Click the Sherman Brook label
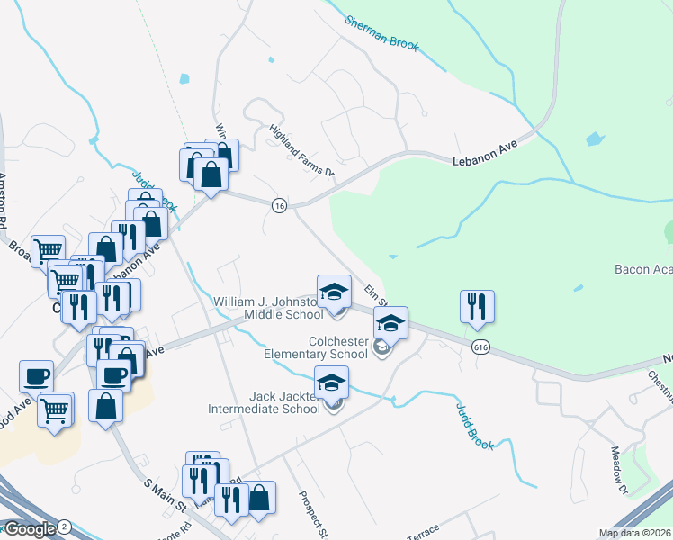coord(382,31)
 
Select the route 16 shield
coord(280,206)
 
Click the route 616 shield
coord(480,346)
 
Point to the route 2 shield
coord(65,526)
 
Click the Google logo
coord(29,529)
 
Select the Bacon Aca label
coord(642,269)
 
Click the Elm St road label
coord(376,294)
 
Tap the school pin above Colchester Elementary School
coord(390,323)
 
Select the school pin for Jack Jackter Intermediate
coord(331,382)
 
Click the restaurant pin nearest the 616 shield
coord(477,307)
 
